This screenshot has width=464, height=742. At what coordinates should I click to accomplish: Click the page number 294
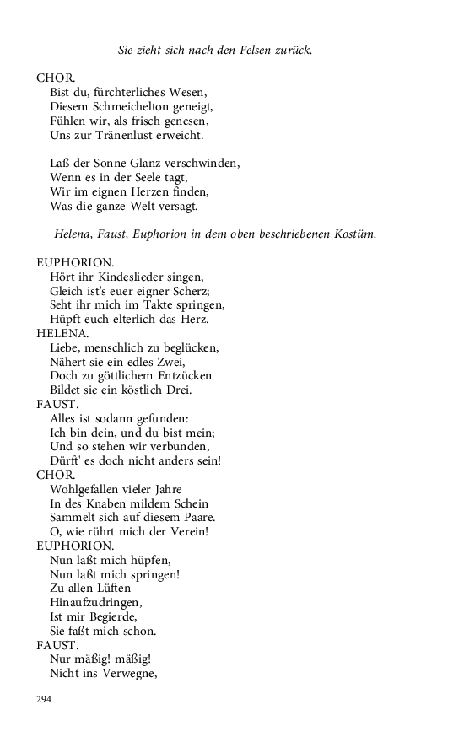tap(44, 699)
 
